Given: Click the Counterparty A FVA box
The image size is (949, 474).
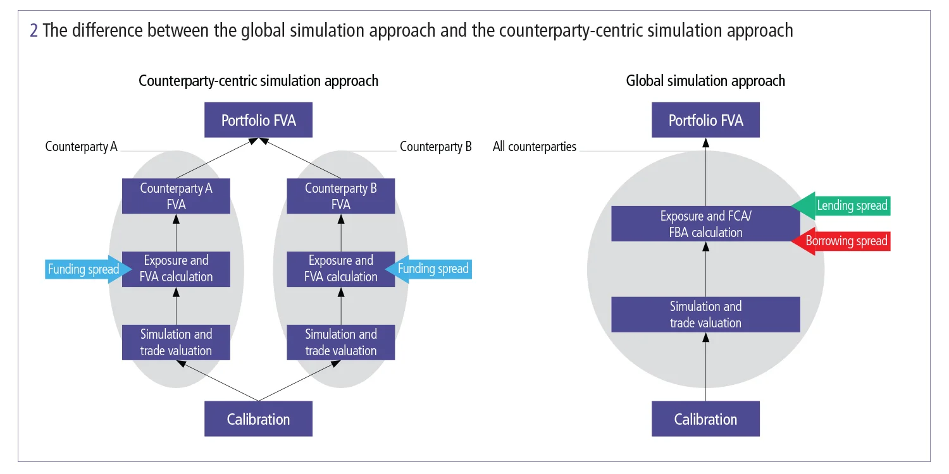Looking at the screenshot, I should click(176, 196).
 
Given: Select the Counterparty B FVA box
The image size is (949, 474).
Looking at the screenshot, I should click(340, 196).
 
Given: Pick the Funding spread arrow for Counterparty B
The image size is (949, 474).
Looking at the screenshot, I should click(433, 269).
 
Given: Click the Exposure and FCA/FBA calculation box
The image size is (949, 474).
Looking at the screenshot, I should click(705, 224).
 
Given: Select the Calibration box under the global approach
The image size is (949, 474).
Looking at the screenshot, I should click(705, 419).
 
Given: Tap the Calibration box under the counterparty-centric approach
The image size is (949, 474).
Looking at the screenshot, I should click(258, 419).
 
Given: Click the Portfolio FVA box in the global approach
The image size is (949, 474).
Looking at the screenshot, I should click(705, 120).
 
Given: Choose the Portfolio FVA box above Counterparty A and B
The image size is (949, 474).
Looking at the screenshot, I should click(258, 120).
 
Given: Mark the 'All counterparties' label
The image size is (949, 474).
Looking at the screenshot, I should click(535, 147).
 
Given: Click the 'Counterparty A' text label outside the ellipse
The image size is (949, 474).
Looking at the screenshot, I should click(81, 147).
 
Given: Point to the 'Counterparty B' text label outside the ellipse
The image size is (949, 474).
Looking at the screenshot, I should click(436, 147).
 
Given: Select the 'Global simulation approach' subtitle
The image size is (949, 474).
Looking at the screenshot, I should click(705, 81).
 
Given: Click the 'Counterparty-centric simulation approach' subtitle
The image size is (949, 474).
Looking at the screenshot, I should click(258, 81).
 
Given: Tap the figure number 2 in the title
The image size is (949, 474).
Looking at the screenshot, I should click(34, 30).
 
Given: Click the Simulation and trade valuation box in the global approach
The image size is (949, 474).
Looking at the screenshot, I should click(705, 315).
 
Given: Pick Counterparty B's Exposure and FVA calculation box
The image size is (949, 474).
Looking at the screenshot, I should click(340, 269).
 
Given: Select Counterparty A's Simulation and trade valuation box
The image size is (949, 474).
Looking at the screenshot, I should click(176, 343).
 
